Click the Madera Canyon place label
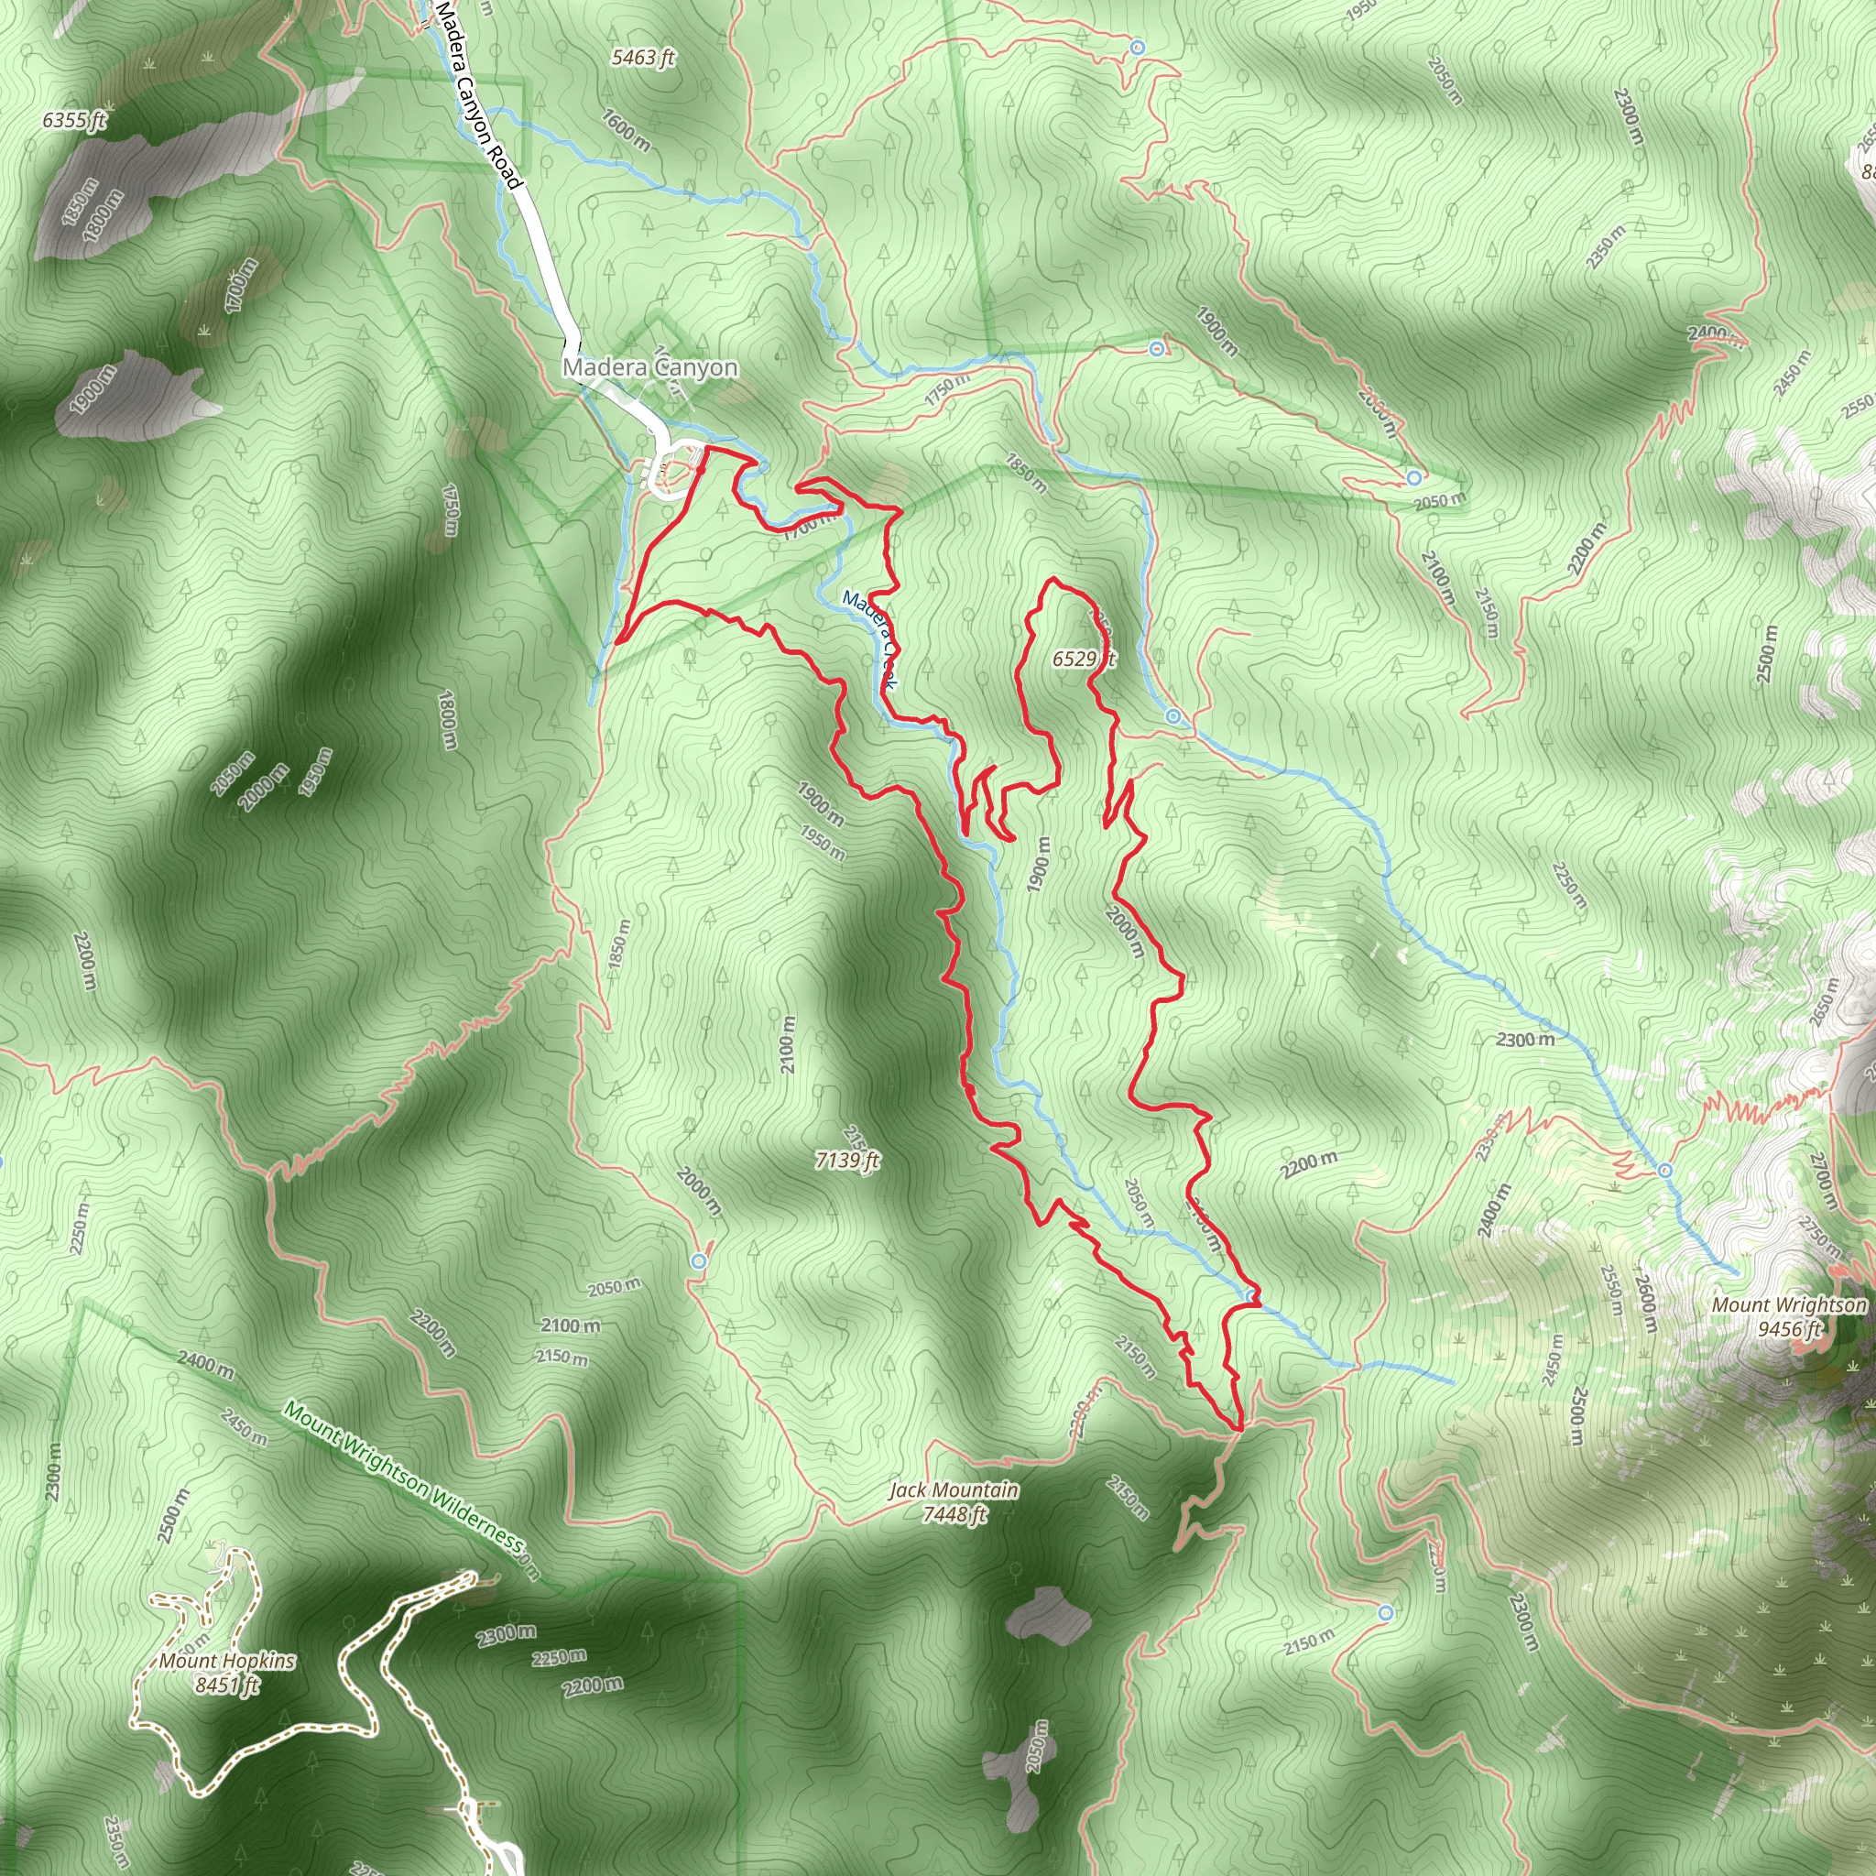649,368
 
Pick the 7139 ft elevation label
846,1161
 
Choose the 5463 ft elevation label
643,59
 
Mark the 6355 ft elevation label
74,120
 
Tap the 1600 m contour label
627,129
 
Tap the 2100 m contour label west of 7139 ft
788,1046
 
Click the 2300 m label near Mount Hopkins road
505,1634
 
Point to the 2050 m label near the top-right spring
1438,501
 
